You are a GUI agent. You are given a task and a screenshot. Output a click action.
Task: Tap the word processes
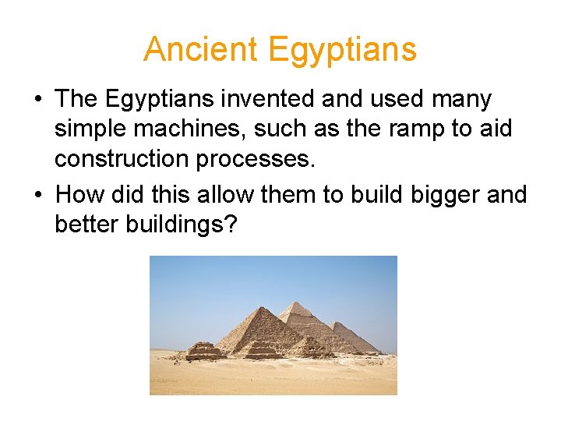tap(256, 160)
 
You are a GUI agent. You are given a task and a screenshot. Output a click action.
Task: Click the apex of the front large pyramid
tap(261, 308)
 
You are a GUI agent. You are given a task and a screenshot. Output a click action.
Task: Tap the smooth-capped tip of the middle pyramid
tap(295, 302)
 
